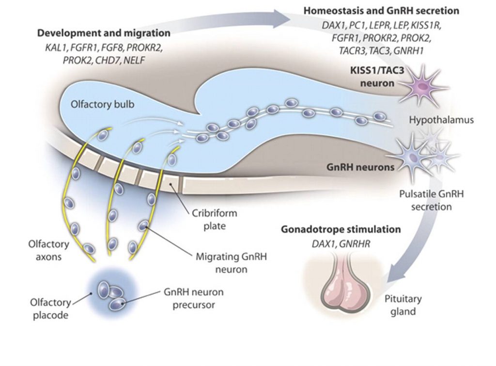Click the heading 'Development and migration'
[104, 33]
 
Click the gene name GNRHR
[356, 244]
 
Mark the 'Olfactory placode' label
[45, 309]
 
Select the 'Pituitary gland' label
[403, 305]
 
